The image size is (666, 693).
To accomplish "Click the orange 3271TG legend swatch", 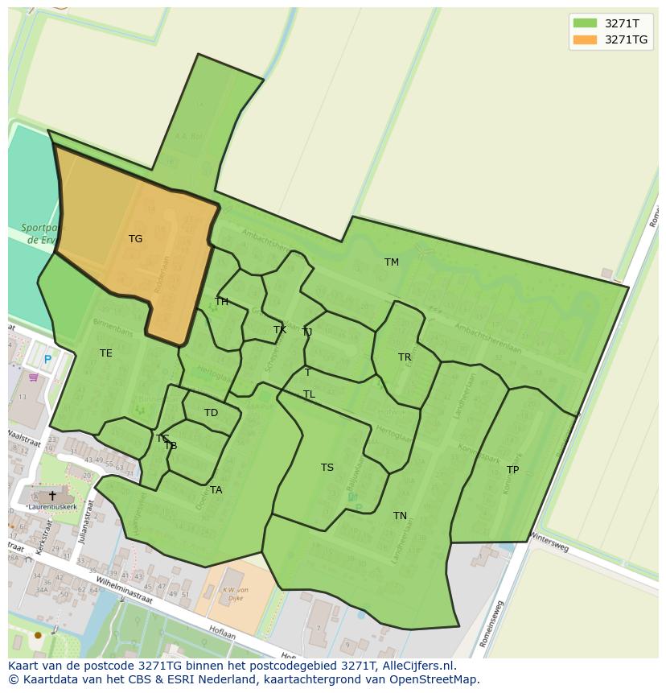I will (x=585, y=39).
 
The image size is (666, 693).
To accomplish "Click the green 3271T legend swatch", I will (x=585, y=23).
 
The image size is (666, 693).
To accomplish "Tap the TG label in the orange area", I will (x=135, y=239).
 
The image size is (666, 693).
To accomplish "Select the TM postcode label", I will (x=392, y=262).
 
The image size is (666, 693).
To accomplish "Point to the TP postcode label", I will (x=512, y=470).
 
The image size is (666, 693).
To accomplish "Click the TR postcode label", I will (x=405, y=357).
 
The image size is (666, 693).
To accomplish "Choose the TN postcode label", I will (x=400, y=516).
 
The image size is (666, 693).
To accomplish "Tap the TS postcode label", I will (x=327, y=468).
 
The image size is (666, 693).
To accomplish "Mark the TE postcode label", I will (x=106, y=353).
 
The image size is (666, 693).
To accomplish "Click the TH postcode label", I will (x=221, y=302).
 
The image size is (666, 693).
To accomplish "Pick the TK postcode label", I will (x=280, y=330).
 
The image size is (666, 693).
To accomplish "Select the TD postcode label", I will (x=211, y=413).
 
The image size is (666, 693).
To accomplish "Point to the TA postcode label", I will (x=216, y=490).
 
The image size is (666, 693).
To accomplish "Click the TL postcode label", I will (x=309, y=394).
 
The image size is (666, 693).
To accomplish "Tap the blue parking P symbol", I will (x=47, y=360).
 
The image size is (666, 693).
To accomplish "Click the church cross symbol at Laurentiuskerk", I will (x=52, y=496).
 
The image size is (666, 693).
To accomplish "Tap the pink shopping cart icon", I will (x=33, y=377).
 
